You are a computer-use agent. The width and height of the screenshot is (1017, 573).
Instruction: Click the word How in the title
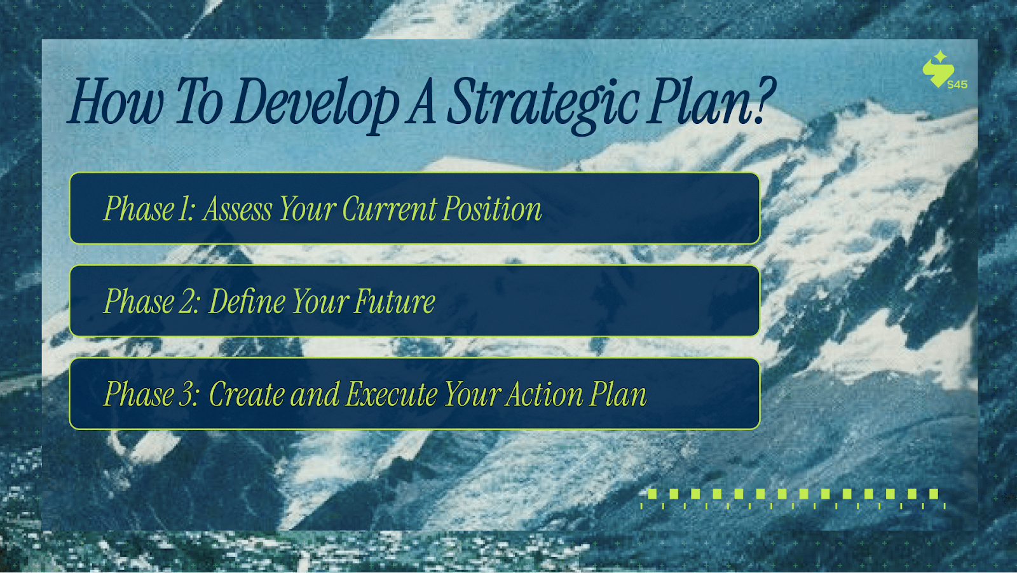click(x=115, y=101)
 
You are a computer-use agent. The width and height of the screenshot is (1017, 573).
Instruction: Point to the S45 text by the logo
click(x=957, y=84)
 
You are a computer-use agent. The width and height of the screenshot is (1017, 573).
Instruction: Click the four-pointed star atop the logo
click(x=940, y=57)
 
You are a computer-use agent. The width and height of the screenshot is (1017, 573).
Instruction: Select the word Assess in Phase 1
click(x=238, y=209)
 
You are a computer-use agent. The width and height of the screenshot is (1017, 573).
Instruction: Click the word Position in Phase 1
click(x=492, y=209)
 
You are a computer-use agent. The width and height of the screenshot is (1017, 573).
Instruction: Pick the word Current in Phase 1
click(x=388, y=209)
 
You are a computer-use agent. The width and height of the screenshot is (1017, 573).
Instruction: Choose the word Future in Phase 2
click(x=395, y=300)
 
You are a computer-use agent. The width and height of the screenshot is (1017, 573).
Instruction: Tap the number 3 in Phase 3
click(x=187, y=394)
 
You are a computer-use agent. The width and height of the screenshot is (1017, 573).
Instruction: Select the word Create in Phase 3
click(x=247, y=394)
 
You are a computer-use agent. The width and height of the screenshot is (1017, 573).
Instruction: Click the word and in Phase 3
click(x=315, y=394)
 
